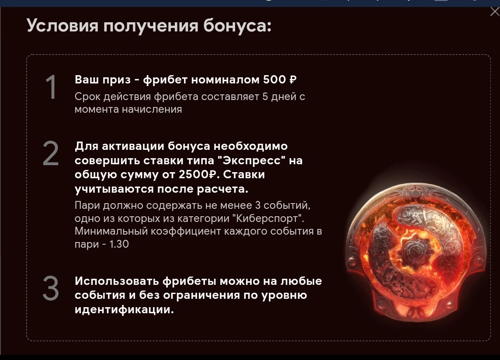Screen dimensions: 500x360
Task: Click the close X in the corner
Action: click(x=495, y=11)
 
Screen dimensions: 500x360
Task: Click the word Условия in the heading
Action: click(x=62, y=25)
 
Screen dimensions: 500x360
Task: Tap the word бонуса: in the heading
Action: click(x=238, y=25)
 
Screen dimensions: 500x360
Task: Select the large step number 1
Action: click(x=51, y=87)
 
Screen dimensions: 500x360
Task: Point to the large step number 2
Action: click(x=51, y=154)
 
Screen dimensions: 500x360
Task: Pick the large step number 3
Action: click(x=51, y=289)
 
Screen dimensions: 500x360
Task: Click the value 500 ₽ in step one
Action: click(x=280, y=80)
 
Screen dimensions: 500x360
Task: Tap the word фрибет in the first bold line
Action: click(x=165, y=80)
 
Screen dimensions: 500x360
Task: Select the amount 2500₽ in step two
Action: click(x=198, y=174)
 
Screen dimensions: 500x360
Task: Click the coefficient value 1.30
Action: click(x=119, y=244)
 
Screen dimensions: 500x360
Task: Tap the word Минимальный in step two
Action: click(x=111, y=231)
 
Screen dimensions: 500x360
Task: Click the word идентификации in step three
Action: click(x=125, y=310)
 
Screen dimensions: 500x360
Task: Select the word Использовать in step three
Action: click(x=117, y=281)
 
